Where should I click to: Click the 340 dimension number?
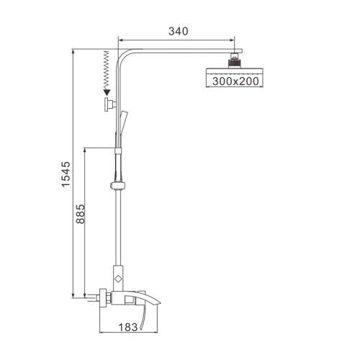coord(178,31)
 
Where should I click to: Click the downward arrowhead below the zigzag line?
coord(107,91)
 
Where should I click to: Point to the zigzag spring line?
coord(107,69)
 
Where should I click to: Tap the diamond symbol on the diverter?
coord(118,276)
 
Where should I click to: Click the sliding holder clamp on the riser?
coord(118,186)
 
